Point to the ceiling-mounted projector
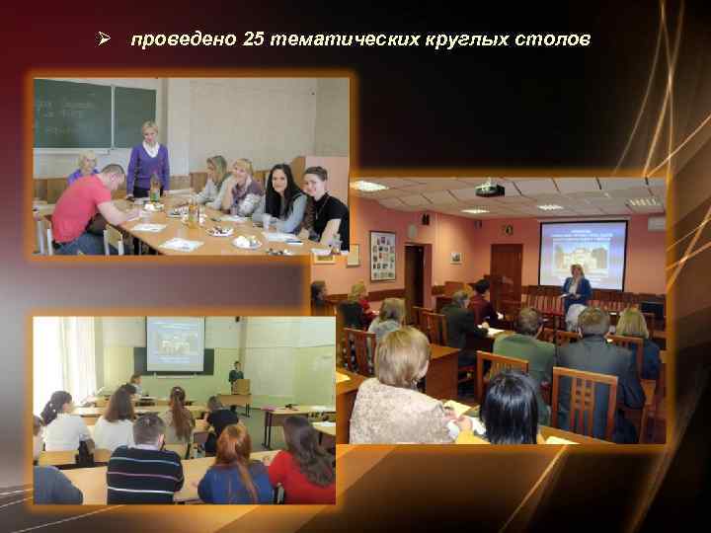click(x=490, y=190)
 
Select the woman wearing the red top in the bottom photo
click(x=302, y=469)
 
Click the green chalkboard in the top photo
click(x=95, y=114)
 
